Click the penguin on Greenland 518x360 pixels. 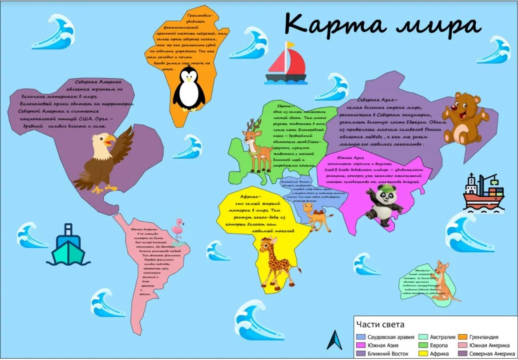click(189, 91)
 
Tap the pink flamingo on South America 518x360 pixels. click(179, 231)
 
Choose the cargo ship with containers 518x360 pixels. click(484, 192)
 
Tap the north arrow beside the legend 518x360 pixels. click(335, 340)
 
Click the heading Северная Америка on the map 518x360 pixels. click(97, 82)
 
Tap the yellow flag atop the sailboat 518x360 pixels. click(290, 44)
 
